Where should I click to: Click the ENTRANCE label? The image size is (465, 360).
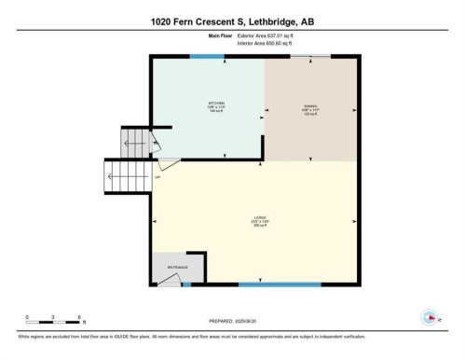point(178,268)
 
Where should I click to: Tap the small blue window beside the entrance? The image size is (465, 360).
point(186,284)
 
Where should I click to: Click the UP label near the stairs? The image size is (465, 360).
point(158,176)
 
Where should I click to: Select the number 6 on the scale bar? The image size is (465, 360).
point(79,316)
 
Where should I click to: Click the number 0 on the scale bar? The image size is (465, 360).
point(27,316)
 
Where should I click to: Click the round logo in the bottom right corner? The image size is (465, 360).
point(430,316)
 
